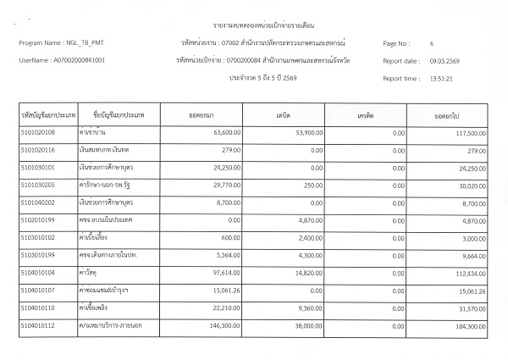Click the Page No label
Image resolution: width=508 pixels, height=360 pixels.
(396, 42)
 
